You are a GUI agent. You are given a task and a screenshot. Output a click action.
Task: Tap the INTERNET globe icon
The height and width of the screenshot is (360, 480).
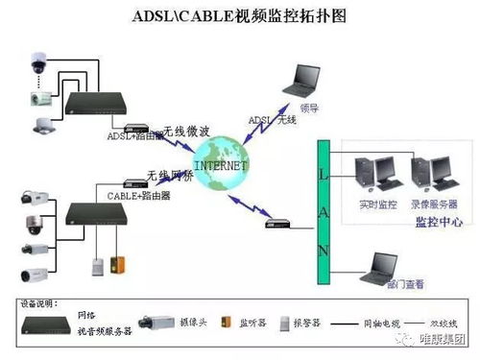point(220,164)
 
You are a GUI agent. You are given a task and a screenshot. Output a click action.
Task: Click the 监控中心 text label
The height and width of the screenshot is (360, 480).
point(438,222)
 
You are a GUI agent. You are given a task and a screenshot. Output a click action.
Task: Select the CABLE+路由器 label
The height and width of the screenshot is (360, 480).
point(139,195)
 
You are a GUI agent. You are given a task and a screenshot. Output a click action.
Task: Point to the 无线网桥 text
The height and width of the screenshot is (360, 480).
point(169,175)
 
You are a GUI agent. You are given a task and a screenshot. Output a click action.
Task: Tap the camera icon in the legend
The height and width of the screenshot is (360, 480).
point(157,323)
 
